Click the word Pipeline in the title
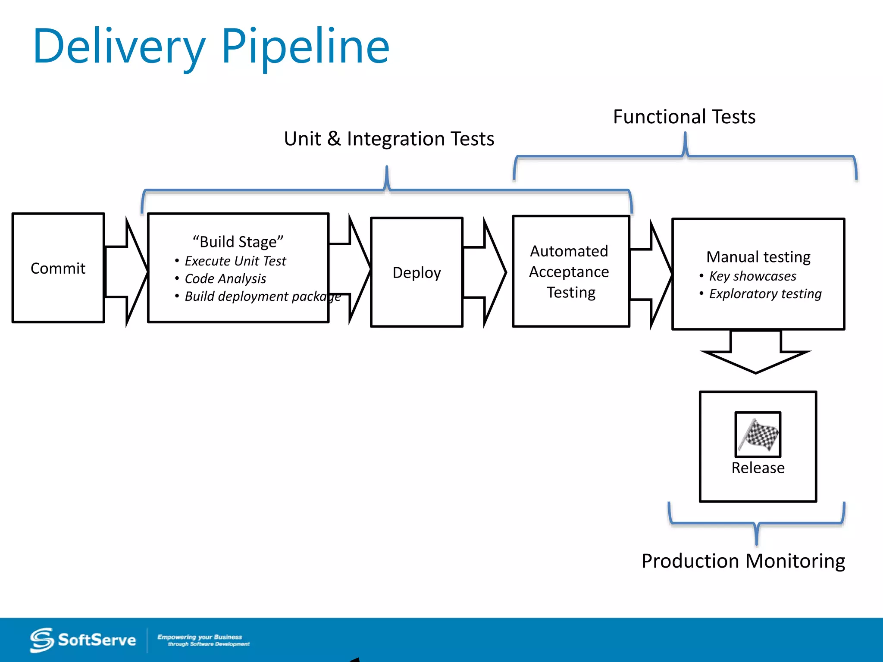pos(305,47)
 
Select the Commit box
pos(58,268)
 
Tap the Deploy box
pos(416,272)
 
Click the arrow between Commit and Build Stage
pos(126,272)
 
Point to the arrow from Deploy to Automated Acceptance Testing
pos(485,272)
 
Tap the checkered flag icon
pos(758,435)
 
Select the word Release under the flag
pos(758,468)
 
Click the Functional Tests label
pos(684,117)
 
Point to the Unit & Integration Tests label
pos(389,139)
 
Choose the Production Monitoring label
pos(743,561)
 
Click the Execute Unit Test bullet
pos(235,261)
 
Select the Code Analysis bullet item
pos(225,278)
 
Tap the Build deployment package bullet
pos(263,296)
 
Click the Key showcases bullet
pos(752,276)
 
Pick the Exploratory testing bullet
pos(765,294)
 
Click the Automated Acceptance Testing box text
pos(570,272)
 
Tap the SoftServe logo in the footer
pos(83,640)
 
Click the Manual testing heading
pos(758,257)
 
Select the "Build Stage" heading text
pos(238,242)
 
